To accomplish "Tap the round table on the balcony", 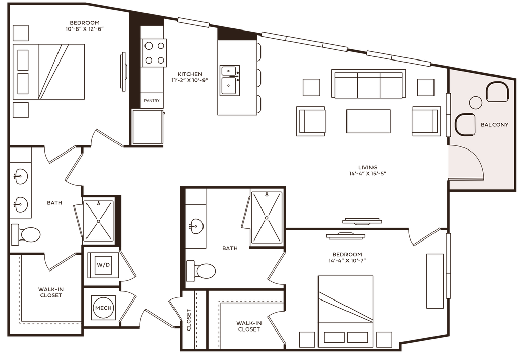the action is (x=475, y=102).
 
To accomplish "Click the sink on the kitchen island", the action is (x=229, y=79).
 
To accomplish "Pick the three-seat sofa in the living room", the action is (x=368, y=85).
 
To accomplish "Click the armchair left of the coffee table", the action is (x=311, y=122).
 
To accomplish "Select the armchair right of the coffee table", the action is (x=425, y=122).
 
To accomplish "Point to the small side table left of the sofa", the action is (x=311, y=87).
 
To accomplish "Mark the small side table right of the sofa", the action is (x=425, y=87).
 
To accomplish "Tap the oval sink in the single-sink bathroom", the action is (x=195, y=224).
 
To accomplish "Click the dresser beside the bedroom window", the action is (x=435, y=281).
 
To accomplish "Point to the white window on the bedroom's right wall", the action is (x=448, y=265).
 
